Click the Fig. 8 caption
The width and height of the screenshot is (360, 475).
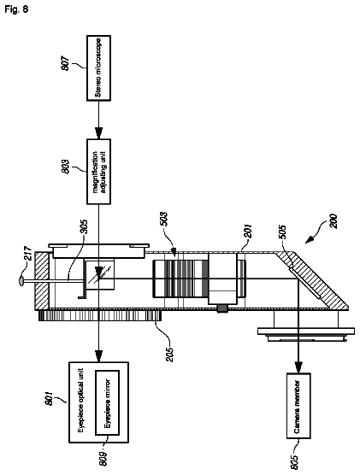pos(16,9)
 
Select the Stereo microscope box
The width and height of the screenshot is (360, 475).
pos(98,68)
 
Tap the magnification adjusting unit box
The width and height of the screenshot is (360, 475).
pos(98,172)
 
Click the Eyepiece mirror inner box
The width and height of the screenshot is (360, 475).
pos(108,402)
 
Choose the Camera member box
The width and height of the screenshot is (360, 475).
pos(298,406)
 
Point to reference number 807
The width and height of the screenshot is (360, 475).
pos(66,63)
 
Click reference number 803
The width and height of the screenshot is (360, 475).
pos(66,167)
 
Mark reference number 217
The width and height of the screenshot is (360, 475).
pos(28,254)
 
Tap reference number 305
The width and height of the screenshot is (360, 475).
pos(84,227)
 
